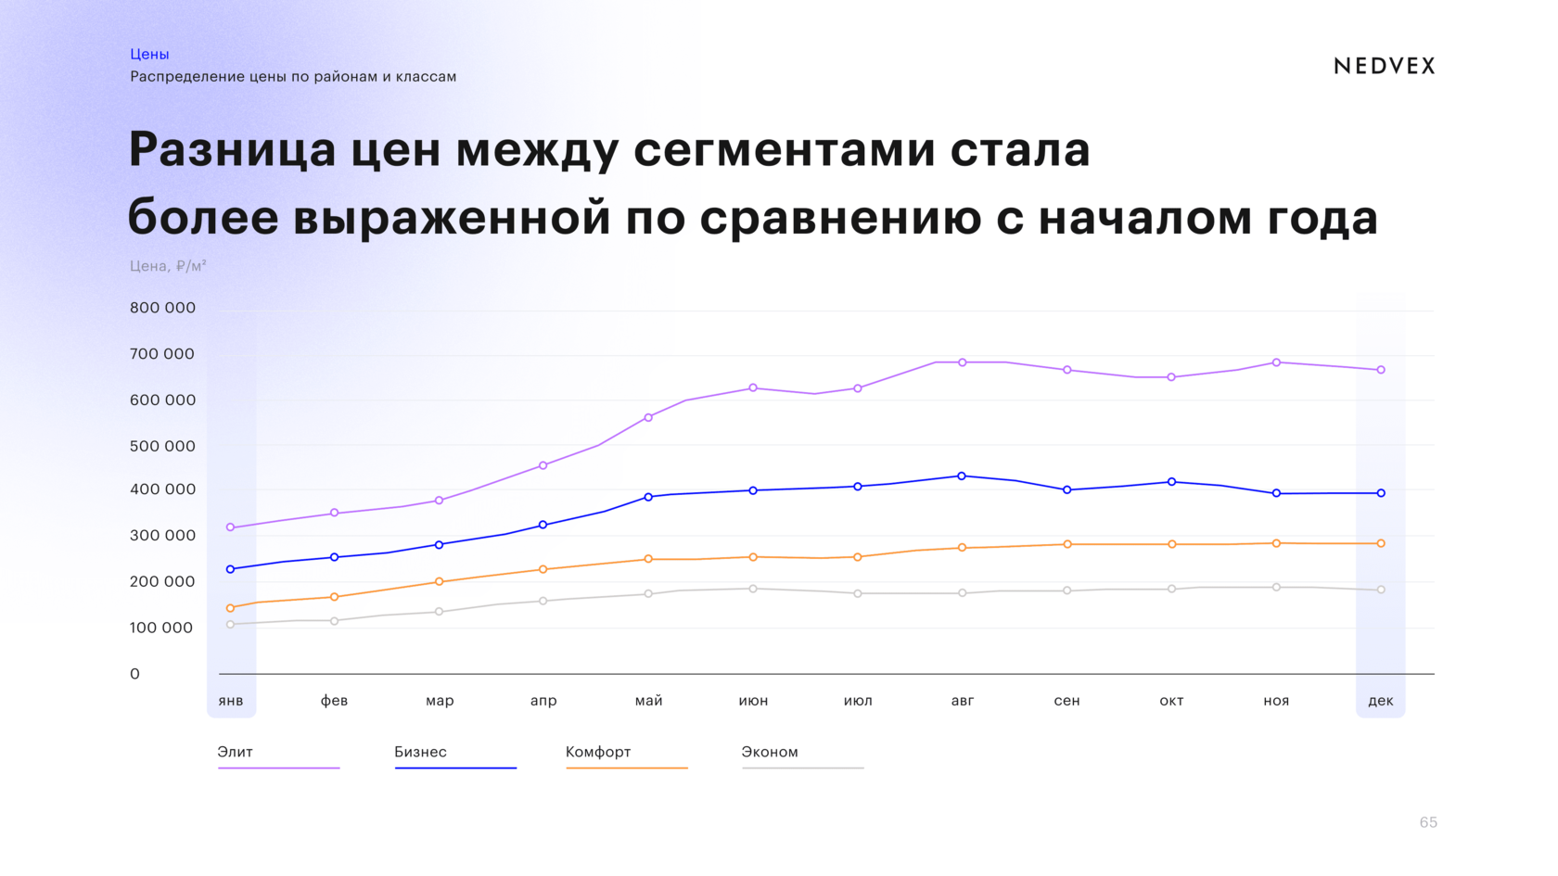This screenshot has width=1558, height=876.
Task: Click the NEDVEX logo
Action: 1384,66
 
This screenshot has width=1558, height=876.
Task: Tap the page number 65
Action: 1427,822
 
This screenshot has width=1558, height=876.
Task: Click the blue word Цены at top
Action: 149,54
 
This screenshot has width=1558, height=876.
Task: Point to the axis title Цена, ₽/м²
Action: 168,266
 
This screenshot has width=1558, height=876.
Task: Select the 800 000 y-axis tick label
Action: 162,308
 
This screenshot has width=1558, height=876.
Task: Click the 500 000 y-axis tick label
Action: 162,446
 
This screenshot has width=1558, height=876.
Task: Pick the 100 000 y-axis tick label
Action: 161,628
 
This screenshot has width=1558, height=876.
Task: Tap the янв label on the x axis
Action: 231,701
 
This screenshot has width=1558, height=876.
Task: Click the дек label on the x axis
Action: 1380,701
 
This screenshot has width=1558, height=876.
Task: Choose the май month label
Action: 648,701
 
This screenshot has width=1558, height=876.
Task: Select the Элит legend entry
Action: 236,752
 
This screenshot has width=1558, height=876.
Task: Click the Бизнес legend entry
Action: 420,752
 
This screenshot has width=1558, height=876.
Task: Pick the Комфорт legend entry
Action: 598,752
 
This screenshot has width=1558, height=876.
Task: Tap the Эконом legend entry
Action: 770,752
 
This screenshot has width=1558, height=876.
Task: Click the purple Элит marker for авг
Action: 962,362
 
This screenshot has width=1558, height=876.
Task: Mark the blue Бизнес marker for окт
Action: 1171,482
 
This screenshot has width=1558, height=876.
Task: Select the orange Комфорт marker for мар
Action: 440,582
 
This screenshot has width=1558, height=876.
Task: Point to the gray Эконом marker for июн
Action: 753,589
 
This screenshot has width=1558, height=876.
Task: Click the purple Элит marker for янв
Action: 231,527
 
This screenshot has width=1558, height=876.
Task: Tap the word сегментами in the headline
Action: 784,150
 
